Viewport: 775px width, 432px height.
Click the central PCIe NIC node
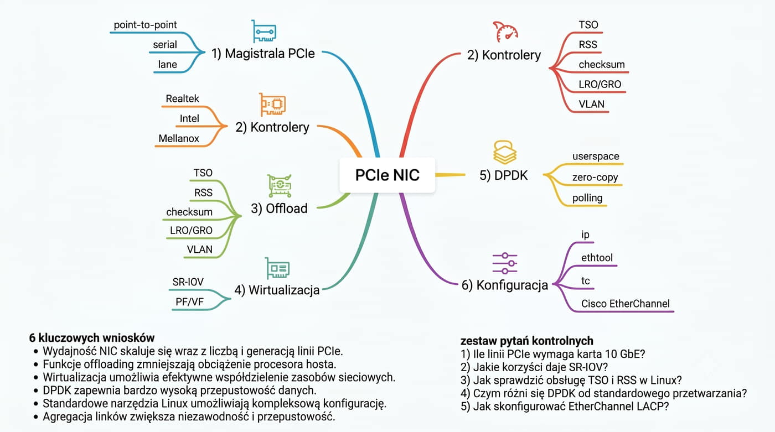[387, 175]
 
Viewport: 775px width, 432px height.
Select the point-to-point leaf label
[145, 25]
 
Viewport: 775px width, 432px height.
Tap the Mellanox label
[179, 139]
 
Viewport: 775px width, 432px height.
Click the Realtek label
[182, 98]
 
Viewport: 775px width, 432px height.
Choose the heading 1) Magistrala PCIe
[263, 54]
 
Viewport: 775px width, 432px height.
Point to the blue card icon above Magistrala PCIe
[263, 31]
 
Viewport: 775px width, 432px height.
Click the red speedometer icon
[505, 32]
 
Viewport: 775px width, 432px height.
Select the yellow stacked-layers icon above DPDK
[504, 153]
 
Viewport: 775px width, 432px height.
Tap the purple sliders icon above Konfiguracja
[505, 263]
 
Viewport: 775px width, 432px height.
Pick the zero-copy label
[595, 178]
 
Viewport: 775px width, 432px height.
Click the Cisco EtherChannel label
[626, 304]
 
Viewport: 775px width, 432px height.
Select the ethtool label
[597, 257]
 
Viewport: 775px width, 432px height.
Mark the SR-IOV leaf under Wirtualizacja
[188, 282]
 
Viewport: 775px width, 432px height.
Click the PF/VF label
[189, 302]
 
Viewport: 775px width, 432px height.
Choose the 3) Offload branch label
[279, 209]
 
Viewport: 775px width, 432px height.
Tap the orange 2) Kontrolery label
[272, 127]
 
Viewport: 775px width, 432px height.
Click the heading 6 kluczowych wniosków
[92, 337]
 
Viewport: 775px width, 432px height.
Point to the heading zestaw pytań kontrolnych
[527, 341]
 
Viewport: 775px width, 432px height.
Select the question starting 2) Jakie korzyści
[534, 367]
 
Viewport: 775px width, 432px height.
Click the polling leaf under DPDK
[587, 198]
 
